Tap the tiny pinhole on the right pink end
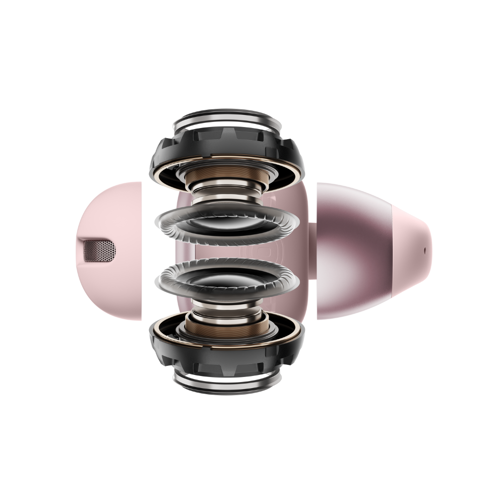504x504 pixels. pos(424,249)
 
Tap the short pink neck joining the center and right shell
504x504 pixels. pos(312,251)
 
